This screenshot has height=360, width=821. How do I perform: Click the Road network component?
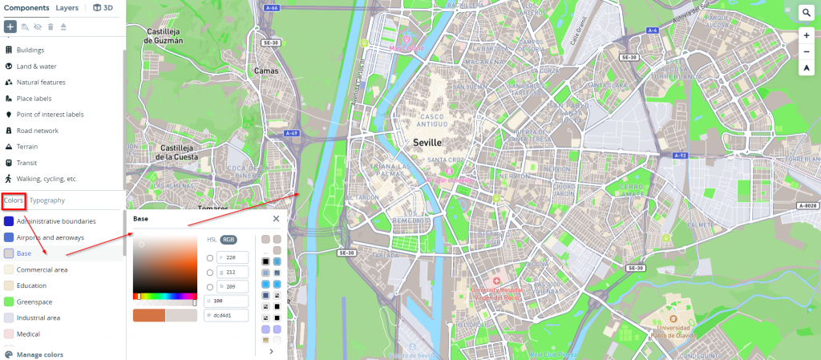click(37, 131)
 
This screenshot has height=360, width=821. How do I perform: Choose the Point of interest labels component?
click(50, 115)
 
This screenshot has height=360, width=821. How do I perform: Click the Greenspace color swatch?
click(9, 301)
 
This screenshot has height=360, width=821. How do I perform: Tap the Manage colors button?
click(39, 354)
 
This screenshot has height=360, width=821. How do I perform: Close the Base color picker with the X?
click(276, 218)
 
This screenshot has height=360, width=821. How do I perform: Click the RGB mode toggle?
click(229, 239)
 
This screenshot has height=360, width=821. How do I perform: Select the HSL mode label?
click(212, 239)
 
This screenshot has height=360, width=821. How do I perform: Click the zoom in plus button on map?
click(806, 36)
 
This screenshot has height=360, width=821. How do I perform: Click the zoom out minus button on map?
click(806, 52)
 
